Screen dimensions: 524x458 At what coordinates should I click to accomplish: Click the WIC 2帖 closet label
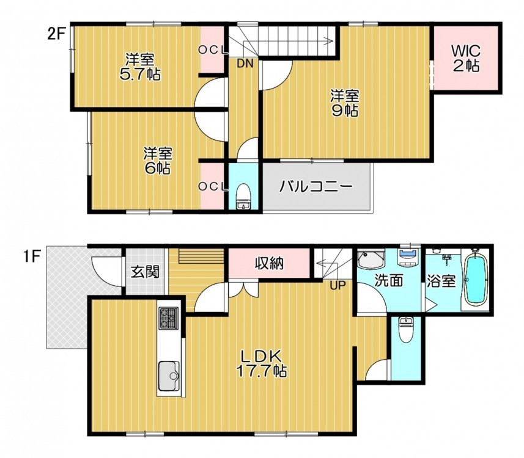pos(466,59)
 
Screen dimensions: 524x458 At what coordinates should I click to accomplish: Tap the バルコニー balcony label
pos(316,186)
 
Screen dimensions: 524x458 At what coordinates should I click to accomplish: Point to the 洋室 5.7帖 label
pos(140,67)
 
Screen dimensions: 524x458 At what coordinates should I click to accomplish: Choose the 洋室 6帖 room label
pos(158,161)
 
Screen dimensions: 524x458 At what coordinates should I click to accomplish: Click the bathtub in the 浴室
pos(475,280)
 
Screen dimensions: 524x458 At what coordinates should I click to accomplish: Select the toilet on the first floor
pos(406,330)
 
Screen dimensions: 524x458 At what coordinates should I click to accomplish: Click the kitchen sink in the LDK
pos(168,376)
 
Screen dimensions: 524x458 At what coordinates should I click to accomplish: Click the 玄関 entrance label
pos(145,272)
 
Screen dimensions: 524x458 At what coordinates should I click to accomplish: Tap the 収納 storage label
pos(270,263)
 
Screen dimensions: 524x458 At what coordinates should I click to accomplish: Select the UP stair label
pos(338,285)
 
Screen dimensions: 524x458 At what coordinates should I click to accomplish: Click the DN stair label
pos(245,64)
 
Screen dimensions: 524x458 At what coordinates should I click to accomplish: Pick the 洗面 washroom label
pos(388,280)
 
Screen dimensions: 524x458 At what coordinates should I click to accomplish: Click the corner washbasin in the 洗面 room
pos(371,260)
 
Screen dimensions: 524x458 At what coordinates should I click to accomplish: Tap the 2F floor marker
pos(56,34)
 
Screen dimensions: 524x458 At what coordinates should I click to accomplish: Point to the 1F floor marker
pos(31,257)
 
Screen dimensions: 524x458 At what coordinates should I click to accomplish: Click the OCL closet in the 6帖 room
pos(213,186)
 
